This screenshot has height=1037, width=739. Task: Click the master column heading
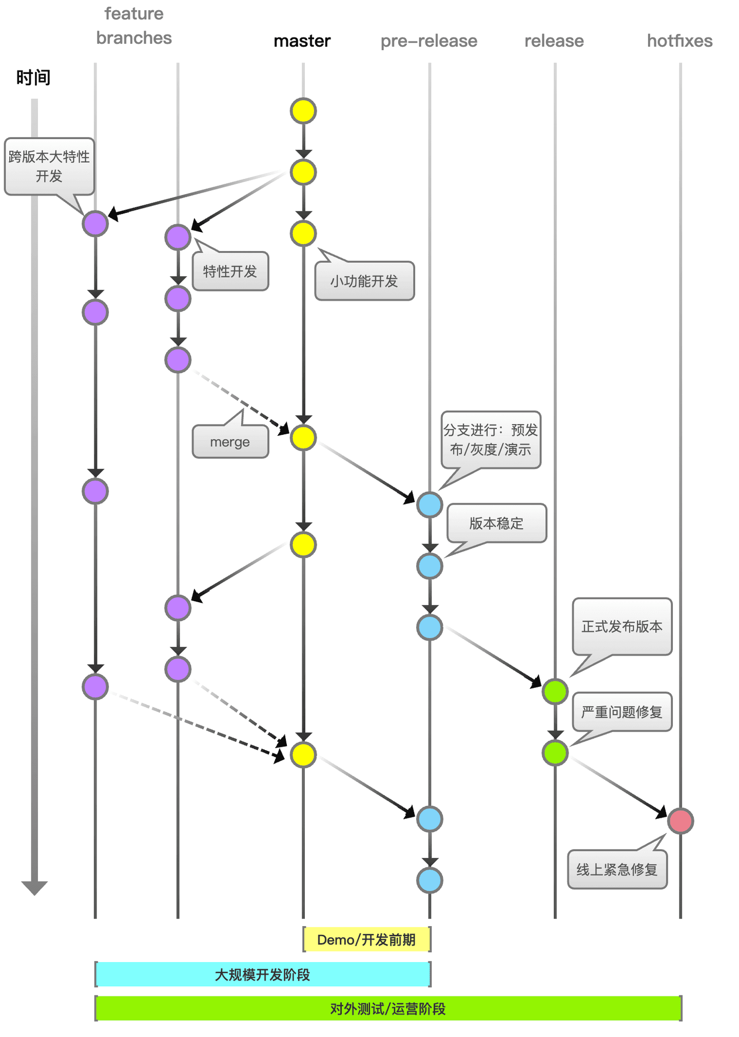point(302,41)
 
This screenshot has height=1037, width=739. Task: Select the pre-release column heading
point(429,41)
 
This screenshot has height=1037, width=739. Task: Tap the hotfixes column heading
point(679,41)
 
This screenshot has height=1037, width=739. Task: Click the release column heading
point(554,41)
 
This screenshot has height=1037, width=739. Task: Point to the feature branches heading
point(134,26)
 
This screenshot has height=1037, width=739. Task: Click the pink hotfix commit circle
point(680,820)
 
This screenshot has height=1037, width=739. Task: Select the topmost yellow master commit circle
point(303,111)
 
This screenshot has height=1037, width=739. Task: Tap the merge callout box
point(230,442)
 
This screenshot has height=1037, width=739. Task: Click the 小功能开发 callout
point(364,281)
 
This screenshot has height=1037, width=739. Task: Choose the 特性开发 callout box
point(230,272)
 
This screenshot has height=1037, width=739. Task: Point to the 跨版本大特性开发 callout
point(49,166)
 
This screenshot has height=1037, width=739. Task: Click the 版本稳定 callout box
point(496,523)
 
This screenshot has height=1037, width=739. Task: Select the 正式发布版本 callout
point(622,626)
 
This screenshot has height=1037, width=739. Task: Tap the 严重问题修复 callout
point(622,712)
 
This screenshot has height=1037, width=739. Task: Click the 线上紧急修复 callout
point(617,869)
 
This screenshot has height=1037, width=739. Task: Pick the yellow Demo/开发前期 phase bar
point(366,939)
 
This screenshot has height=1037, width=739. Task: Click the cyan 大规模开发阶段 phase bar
point(262,974)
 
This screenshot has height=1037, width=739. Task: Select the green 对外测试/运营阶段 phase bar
point(388,1009)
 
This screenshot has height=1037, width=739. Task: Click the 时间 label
point(33,78)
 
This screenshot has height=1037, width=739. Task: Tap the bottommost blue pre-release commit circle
point(430,880)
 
